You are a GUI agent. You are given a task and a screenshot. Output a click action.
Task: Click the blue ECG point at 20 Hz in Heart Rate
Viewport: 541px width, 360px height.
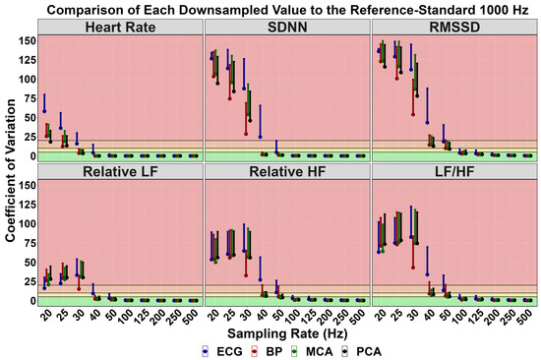coord(43,110)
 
